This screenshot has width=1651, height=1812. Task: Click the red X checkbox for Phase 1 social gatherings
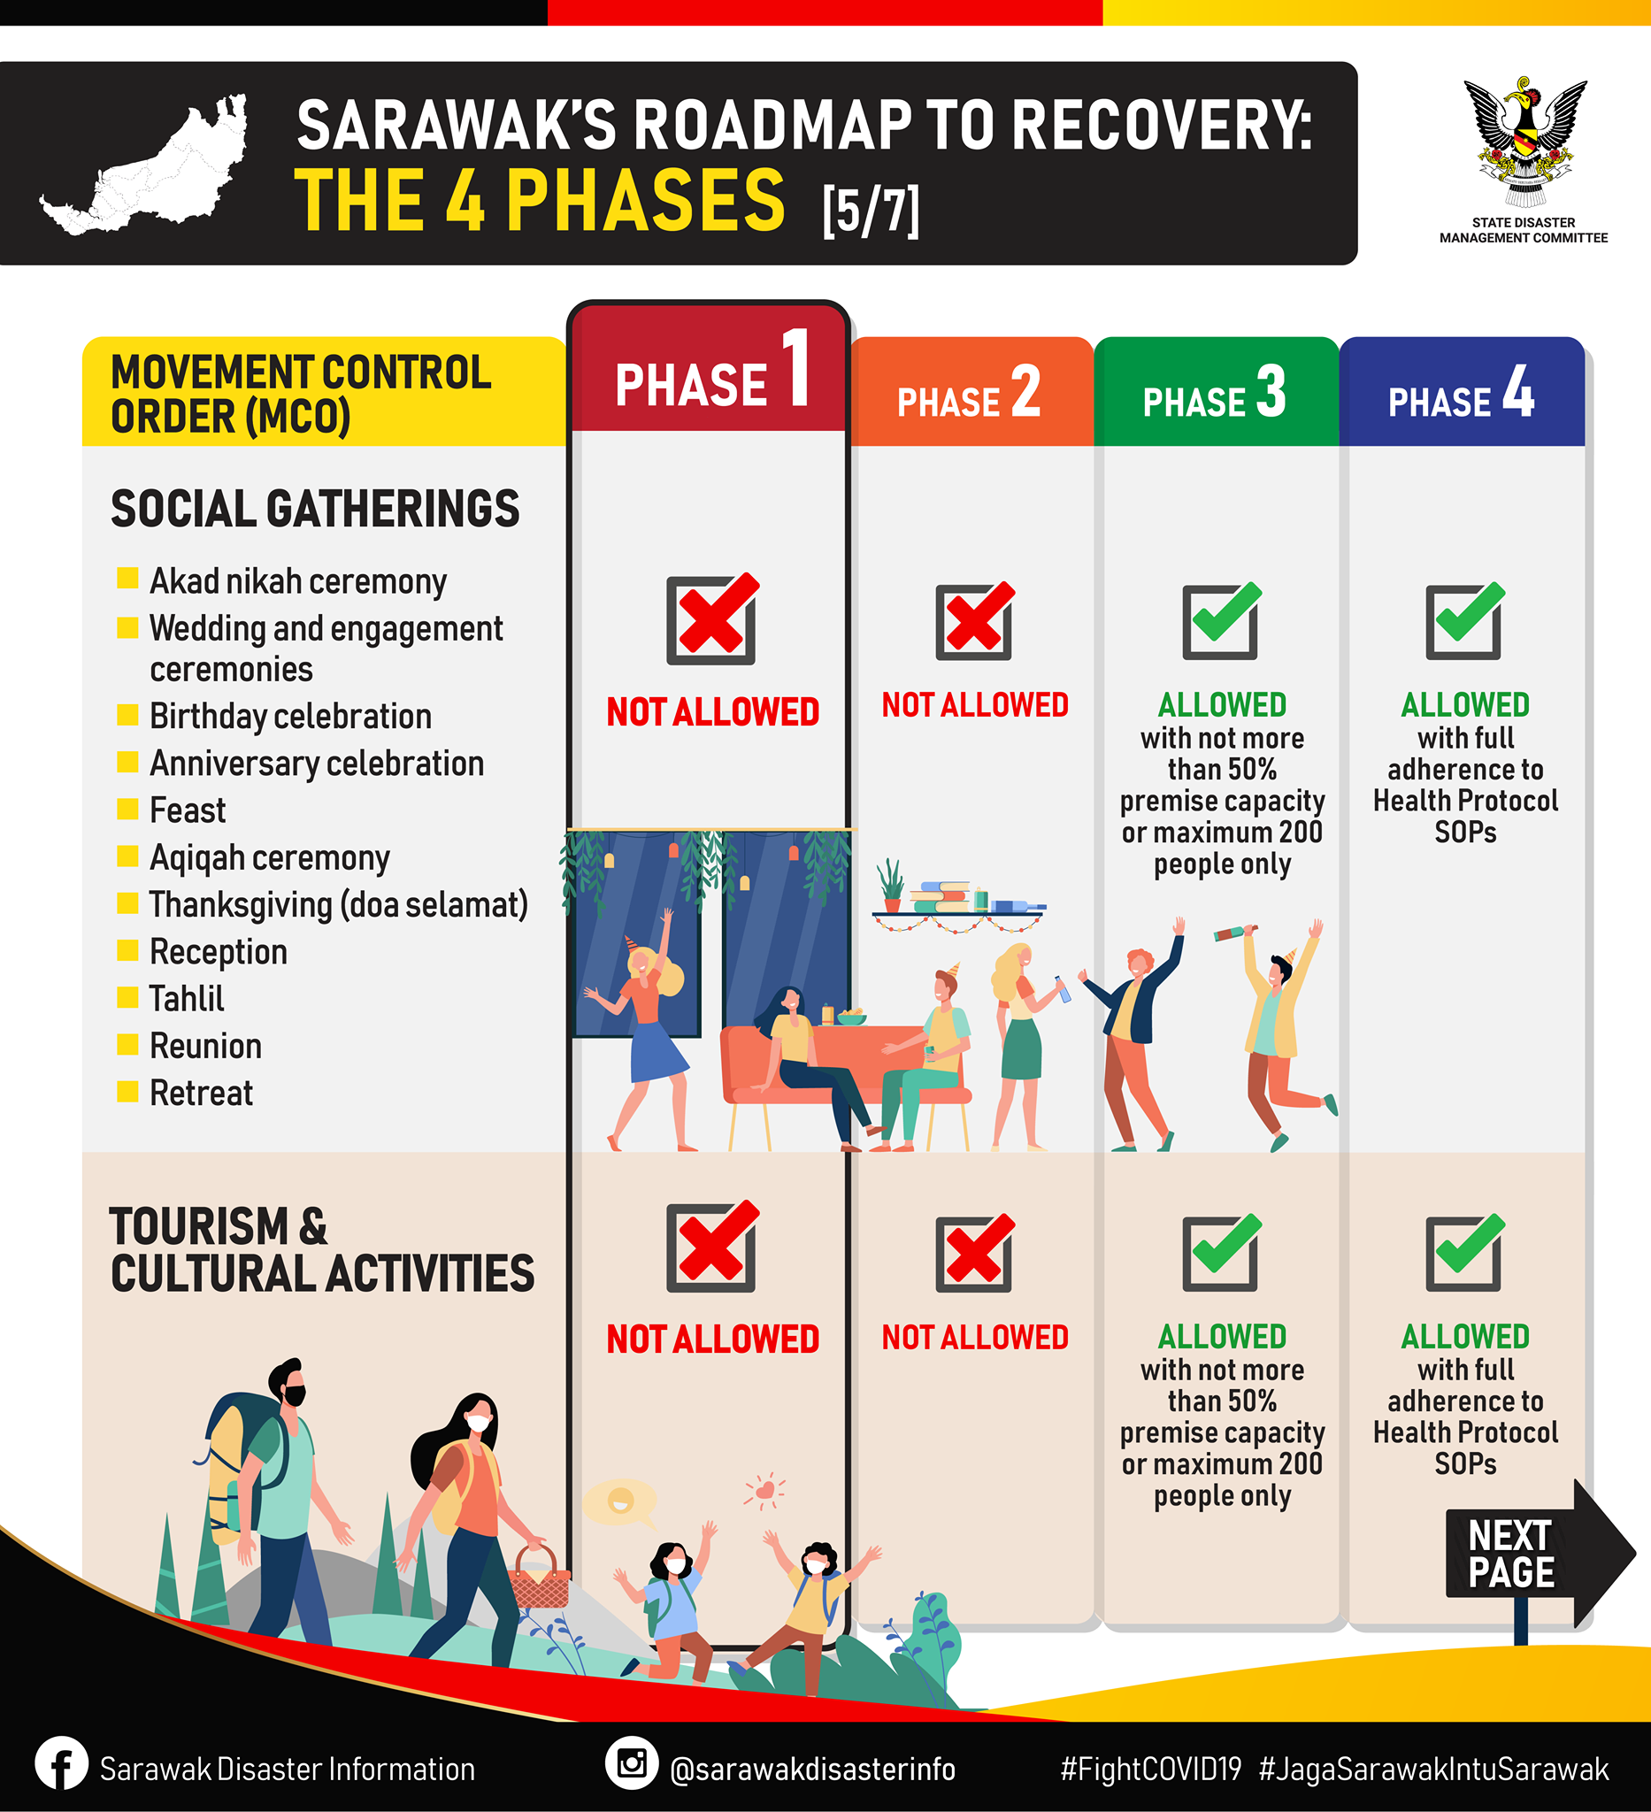[x=712, y=618]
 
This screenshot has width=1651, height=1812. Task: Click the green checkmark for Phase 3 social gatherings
[x=1220, y=620]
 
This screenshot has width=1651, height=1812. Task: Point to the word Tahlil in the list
[x=187, y=999]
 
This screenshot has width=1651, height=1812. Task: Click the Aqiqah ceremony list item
[x=270, y=857]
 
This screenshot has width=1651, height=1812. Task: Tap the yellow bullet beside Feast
[x=127, y=809]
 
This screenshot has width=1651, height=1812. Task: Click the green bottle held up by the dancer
[x=1235, y=933]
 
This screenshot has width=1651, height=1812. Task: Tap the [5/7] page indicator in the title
[x=870, y=211]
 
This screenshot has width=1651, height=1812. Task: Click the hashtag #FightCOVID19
[x=1150, y=1769]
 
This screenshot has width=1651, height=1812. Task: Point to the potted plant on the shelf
[x=891, y=887]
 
